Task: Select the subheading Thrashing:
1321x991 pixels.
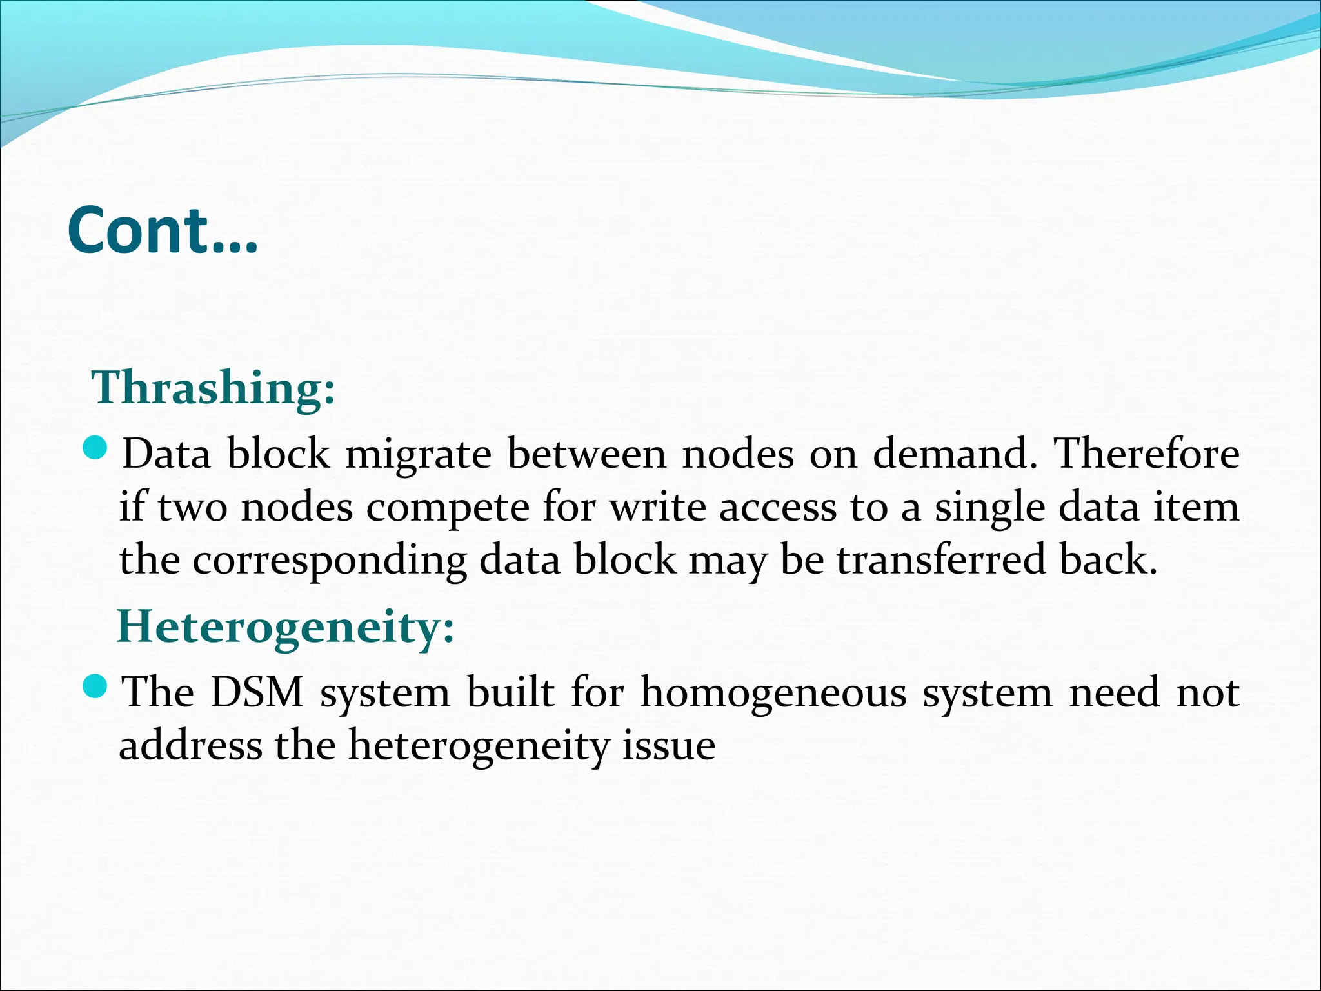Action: pyautogui.click(x=214, y=388)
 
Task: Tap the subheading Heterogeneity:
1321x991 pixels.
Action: pyautogui.click(x=286, y=626)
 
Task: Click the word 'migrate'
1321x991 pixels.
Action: pyautogui.click(x=419, y=454)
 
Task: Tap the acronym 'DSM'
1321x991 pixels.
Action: pyautogui.click(x=257, y=693)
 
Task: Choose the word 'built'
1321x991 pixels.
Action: pyautogui.click(x=510, y=693)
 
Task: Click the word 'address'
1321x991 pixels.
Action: pyautogui.click(x=190, y=746)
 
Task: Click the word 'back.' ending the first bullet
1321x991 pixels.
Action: pyautogui.click(x=1108, y=559)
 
